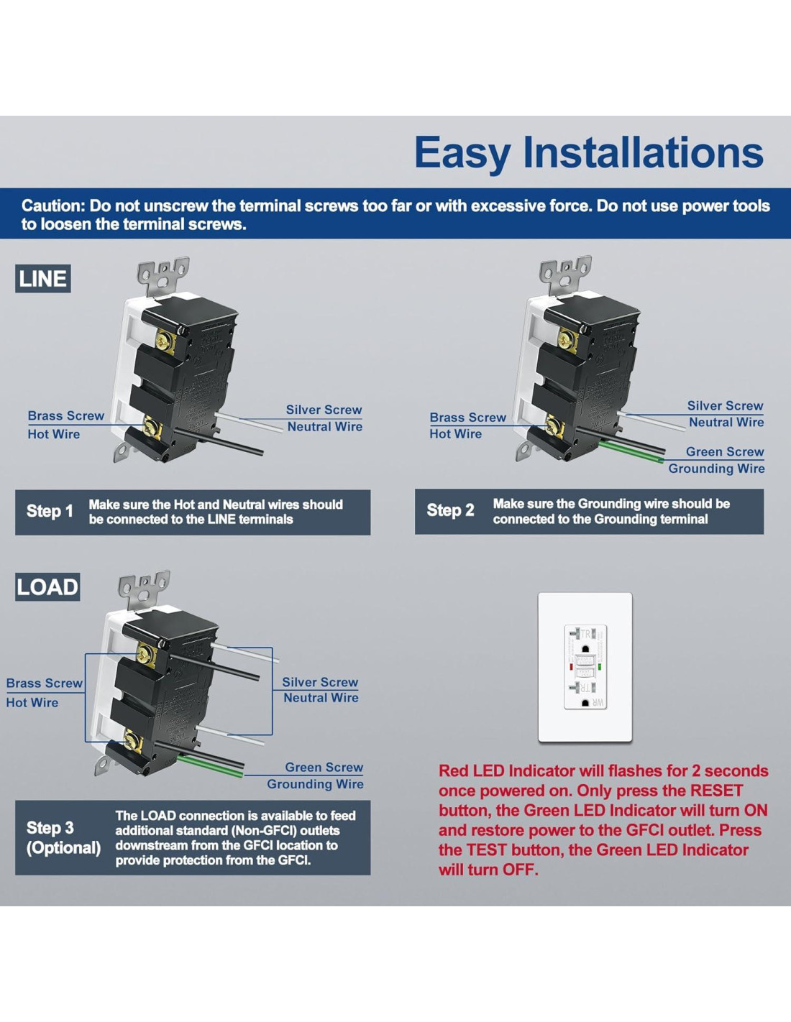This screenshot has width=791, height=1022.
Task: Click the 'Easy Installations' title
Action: click(x=588, y=153)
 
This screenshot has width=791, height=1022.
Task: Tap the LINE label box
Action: click(x=43, y=279)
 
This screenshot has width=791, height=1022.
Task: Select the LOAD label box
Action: click(x=47, y=587)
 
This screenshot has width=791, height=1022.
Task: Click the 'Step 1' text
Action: click(x=50, y=512)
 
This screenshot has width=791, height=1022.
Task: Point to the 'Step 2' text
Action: click(x=450, y=511)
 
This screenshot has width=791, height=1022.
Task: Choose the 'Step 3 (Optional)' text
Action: click(x=63, y=838)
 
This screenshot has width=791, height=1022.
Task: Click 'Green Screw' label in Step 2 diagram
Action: click(x=724, y=452)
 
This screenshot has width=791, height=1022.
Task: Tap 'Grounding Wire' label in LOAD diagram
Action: click(x=315, y=784)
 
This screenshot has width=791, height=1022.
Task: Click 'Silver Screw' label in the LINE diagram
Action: click(x=324, y=410)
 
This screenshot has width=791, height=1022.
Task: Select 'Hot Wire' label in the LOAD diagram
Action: click(x=32, y=703)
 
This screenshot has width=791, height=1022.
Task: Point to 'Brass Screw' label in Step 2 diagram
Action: click(x=467, y=418)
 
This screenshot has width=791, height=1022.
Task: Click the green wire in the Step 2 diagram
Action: click(x=633, y=452)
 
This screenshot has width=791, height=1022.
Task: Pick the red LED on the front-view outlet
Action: click(x=571, y=667)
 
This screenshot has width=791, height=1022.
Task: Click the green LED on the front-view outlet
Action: click(x=600, y=667)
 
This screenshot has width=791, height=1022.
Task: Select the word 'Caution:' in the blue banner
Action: click(x=53, y=206)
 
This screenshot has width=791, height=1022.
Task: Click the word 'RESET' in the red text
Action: click(x=716, y=791)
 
